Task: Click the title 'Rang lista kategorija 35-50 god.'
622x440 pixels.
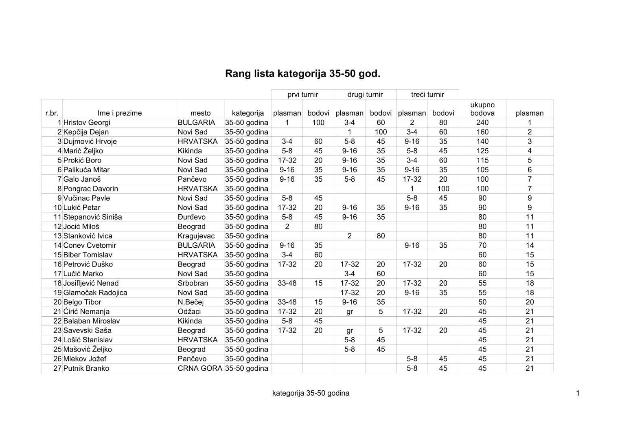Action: click(x=302, y=74)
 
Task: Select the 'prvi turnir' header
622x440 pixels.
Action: click(x=302, y=95)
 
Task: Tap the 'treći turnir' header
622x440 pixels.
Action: click(x=427, y=95)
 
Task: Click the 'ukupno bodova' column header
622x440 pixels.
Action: click(x=482, y=109)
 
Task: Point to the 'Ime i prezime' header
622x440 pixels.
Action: click(x=120, y=113)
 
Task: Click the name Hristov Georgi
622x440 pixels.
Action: click(x=87, y=123)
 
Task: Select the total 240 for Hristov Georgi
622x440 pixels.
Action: click(x=482, y=123)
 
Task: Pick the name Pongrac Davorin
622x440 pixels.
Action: click(x=91, y=189)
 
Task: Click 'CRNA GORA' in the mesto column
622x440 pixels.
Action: click(x=200, y=368)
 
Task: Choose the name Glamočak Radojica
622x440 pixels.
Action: click(x=95, y=293)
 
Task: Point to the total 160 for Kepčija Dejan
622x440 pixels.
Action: click(x=482, y=132)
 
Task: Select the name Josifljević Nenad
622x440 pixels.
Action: click(x=91, y=283)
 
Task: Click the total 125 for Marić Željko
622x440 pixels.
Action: click(x=482, y=151)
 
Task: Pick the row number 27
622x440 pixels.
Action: click(x=57, y=368)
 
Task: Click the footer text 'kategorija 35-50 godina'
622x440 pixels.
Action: click(x=311, y=393)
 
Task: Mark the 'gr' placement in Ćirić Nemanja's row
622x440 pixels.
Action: click(x=349, y=312)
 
